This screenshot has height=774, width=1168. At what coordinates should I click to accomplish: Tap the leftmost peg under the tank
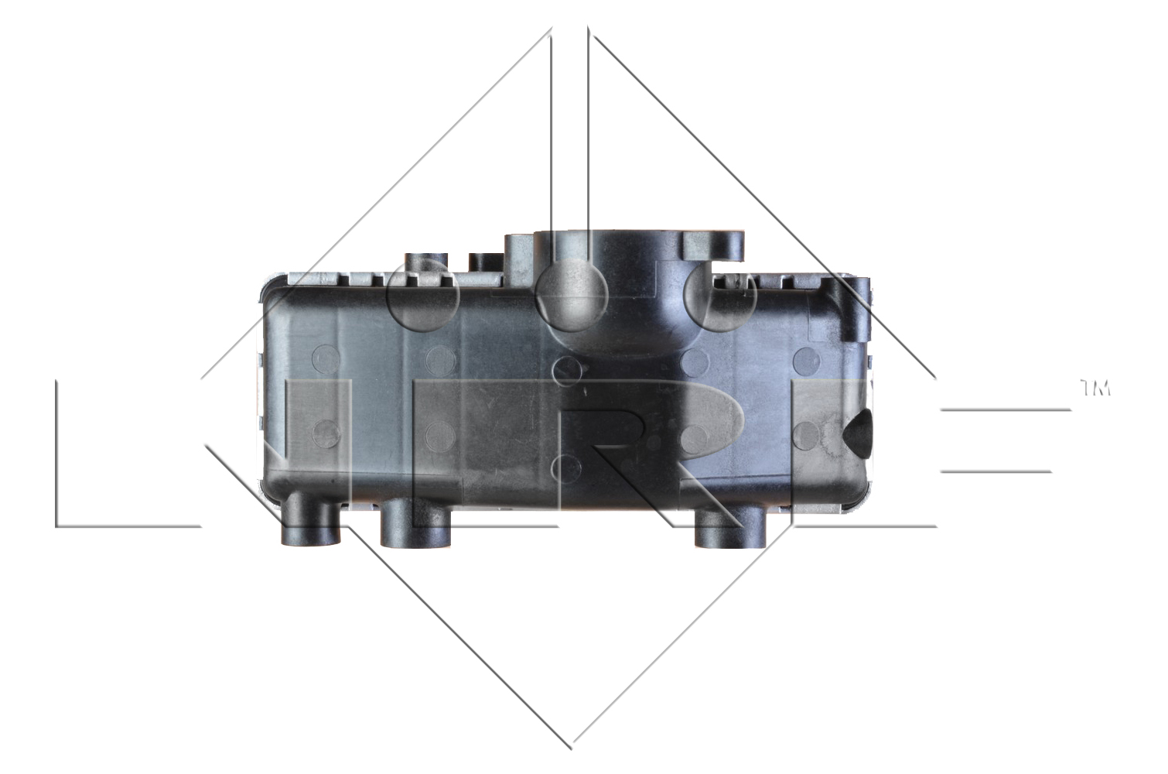click(311, 519)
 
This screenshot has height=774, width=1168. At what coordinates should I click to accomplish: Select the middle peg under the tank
click(415, 523)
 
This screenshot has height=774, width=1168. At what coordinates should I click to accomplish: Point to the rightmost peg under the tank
click(730, 527)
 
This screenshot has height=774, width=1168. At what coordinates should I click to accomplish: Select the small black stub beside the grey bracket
click(486, 262)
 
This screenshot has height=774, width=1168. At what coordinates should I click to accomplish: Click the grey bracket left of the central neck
click(519, 259)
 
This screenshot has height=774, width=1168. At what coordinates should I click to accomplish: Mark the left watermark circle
click(422, 296)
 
